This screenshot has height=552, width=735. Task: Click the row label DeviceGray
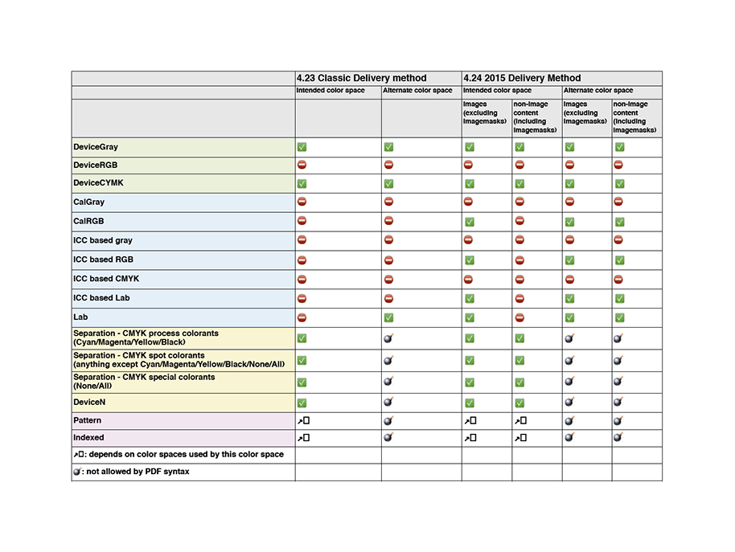tap(95, 148)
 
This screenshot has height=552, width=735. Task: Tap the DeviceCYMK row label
tap(98, 183)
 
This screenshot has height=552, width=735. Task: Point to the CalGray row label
tap(88, 202)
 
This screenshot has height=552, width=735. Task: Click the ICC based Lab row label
tap(101, 298)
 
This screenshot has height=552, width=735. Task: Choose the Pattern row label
tap(88, 420)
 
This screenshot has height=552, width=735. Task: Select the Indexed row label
tap(88, 438)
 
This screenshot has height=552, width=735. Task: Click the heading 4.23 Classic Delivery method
tap(361, 78)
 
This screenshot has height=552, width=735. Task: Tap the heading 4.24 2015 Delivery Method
tap(522, 78)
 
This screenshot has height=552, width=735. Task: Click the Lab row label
tap(80, 317)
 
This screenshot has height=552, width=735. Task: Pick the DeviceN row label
tap(90, 403)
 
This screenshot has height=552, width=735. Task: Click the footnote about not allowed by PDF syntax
tap(131, 472)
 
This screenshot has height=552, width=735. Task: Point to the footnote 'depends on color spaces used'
tap(178, 455)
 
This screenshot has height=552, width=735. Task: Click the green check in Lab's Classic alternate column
tap(388, 317)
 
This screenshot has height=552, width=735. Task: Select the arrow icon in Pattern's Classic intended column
tap(302, 420)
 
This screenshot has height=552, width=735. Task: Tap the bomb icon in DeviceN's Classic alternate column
tap(388, 401)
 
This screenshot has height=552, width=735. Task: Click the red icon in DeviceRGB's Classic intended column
tap(302, 165)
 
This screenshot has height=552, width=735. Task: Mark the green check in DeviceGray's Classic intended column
tap(302, 147)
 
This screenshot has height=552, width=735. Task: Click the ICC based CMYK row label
tap(106, 279)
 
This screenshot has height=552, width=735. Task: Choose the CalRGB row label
tap(88, 222)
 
